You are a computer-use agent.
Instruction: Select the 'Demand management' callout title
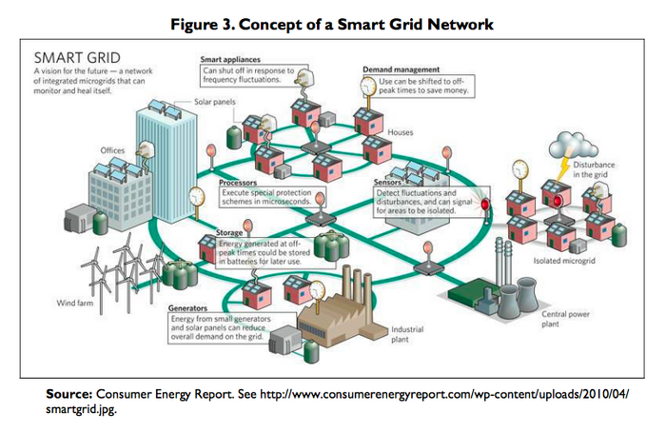click(x=400, y=69)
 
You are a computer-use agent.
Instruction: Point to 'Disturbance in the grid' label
click(x=619, y=169)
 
